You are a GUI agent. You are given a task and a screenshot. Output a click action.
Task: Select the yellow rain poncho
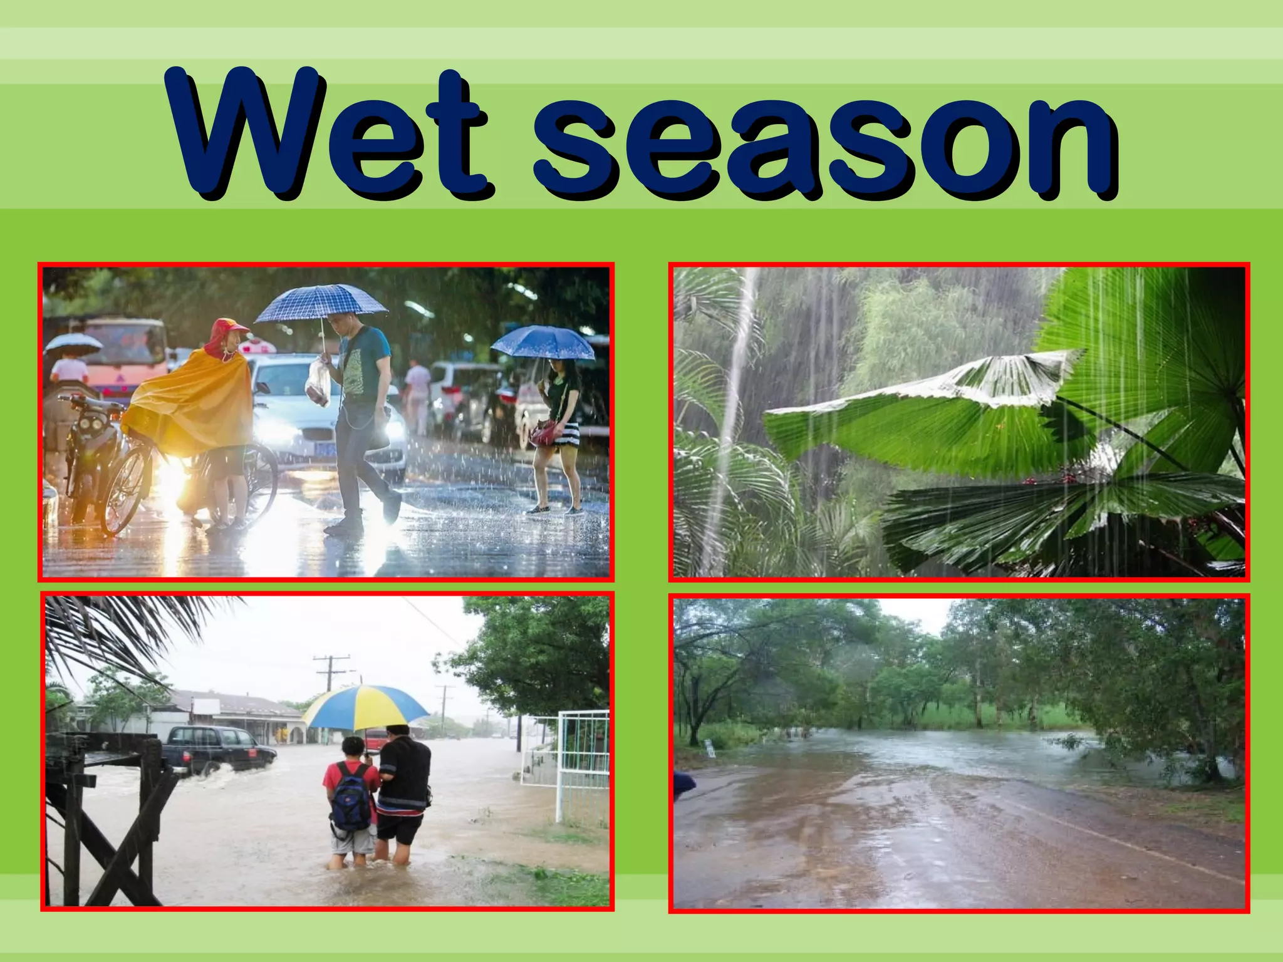[x=188, y=401]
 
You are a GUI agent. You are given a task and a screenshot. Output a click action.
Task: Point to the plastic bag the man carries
[x=319, y=383]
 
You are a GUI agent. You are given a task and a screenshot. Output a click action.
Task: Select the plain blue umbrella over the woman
[x=543, y=343]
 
